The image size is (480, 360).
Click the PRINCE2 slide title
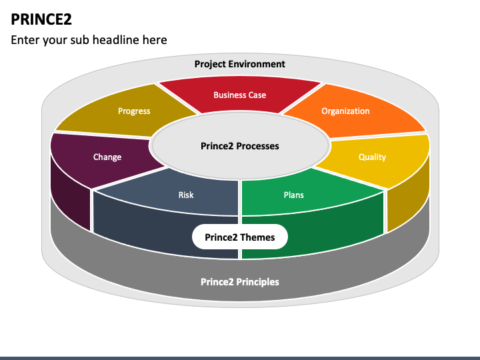coord(41,19)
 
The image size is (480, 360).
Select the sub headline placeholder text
coord(89,40)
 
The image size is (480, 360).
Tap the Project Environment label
coord(239,64)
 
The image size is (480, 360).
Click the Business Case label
coord(239,95)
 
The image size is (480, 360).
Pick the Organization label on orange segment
coord(345,111)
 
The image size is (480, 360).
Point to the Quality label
coord(372,157)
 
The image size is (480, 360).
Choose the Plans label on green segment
coord(293,195)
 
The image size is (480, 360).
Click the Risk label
coord(186,195)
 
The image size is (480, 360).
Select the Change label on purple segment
coord(107,157)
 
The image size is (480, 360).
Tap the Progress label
coord(134,111)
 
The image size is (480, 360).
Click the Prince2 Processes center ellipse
coord(240,146)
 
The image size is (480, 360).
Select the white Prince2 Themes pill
coord(240,237)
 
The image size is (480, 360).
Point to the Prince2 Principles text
coord(240,282)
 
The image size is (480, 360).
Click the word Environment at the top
coord(257,64)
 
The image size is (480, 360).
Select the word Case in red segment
coord(257,95)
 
